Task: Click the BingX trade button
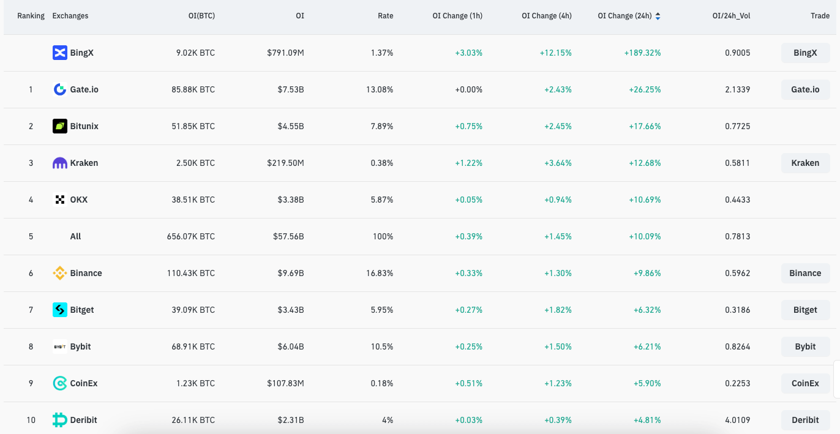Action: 805,53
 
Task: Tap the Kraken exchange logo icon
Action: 59,163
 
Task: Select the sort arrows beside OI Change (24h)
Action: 658,17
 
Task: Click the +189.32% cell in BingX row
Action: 642,53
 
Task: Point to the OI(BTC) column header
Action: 201,16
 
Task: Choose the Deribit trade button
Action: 805,420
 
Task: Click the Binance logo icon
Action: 59,273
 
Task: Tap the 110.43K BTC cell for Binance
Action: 190,273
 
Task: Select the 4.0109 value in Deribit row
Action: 737,420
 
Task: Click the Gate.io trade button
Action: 805,89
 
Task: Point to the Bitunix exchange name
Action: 84,126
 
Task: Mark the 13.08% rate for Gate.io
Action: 380,89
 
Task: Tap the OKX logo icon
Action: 59,200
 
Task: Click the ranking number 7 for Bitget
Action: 31,310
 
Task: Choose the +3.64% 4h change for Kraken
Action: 557,163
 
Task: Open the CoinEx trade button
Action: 805,383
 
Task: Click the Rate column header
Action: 385,16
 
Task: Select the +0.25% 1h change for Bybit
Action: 468,346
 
